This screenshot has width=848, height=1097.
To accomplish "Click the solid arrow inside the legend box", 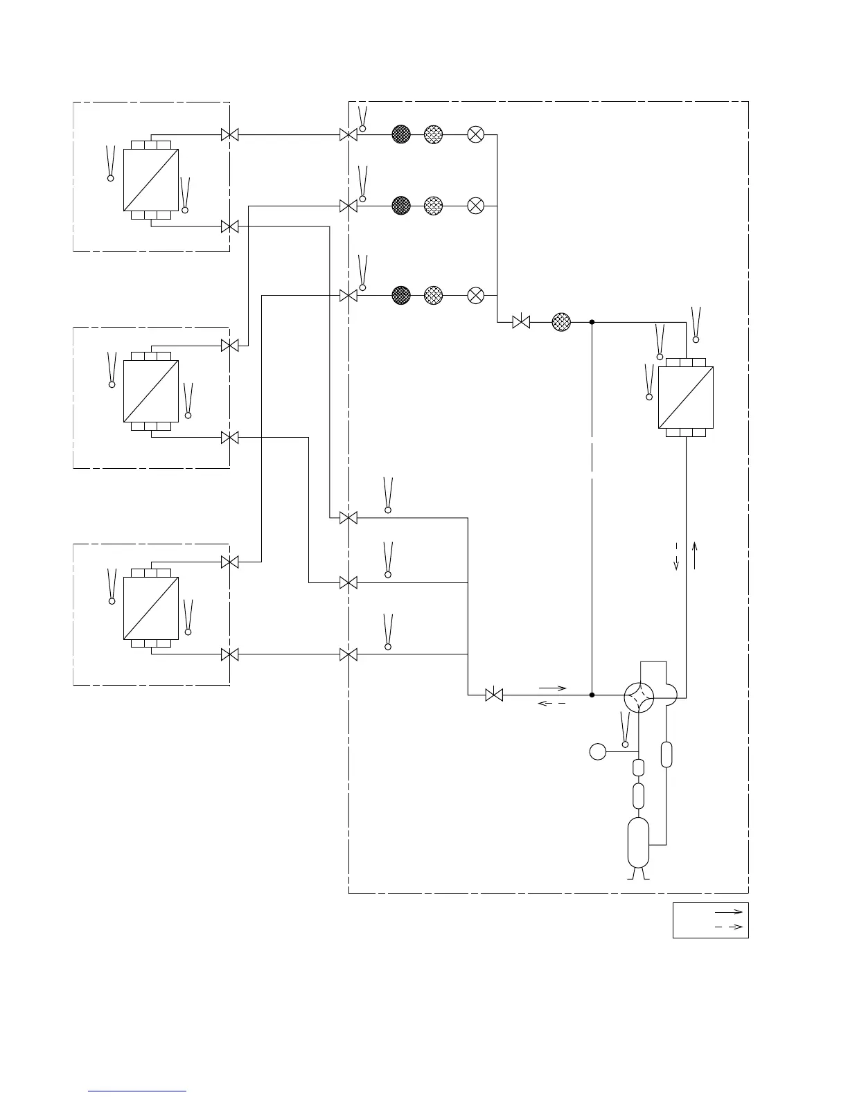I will tap(728, 912).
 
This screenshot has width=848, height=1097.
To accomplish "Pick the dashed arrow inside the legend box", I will tap(728, 927).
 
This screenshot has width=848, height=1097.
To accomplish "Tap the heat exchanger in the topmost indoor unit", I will tap(151, 180).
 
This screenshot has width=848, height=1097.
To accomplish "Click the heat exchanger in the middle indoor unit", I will tap(151, 391).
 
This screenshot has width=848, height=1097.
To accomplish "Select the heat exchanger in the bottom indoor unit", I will tap(151, 608).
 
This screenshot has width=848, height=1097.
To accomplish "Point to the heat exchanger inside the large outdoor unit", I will tap(685, 398).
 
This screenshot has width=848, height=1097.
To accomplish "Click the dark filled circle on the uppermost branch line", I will tap(401, 134).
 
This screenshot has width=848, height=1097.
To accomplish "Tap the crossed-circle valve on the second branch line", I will tap(476, 206).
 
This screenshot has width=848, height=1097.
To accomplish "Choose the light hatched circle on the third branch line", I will tap(433, 296).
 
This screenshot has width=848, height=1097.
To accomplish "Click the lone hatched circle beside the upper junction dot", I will tap(561, 322).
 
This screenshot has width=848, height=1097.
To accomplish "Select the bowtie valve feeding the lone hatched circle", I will tap(521, 322).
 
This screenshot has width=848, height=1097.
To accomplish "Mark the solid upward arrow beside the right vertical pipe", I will tap(694, 555).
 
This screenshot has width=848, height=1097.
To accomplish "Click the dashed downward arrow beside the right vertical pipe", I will tap(677, 557).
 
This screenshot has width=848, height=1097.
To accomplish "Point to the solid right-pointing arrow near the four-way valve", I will tap(552, 688).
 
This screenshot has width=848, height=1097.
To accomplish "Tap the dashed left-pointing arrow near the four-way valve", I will tap(552, 704).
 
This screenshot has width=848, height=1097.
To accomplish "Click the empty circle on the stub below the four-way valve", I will tap(597, 751).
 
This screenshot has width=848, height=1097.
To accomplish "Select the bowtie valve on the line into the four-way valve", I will tap(494, 695).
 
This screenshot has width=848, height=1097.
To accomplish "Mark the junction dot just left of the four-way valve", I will tap(592, 695).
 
